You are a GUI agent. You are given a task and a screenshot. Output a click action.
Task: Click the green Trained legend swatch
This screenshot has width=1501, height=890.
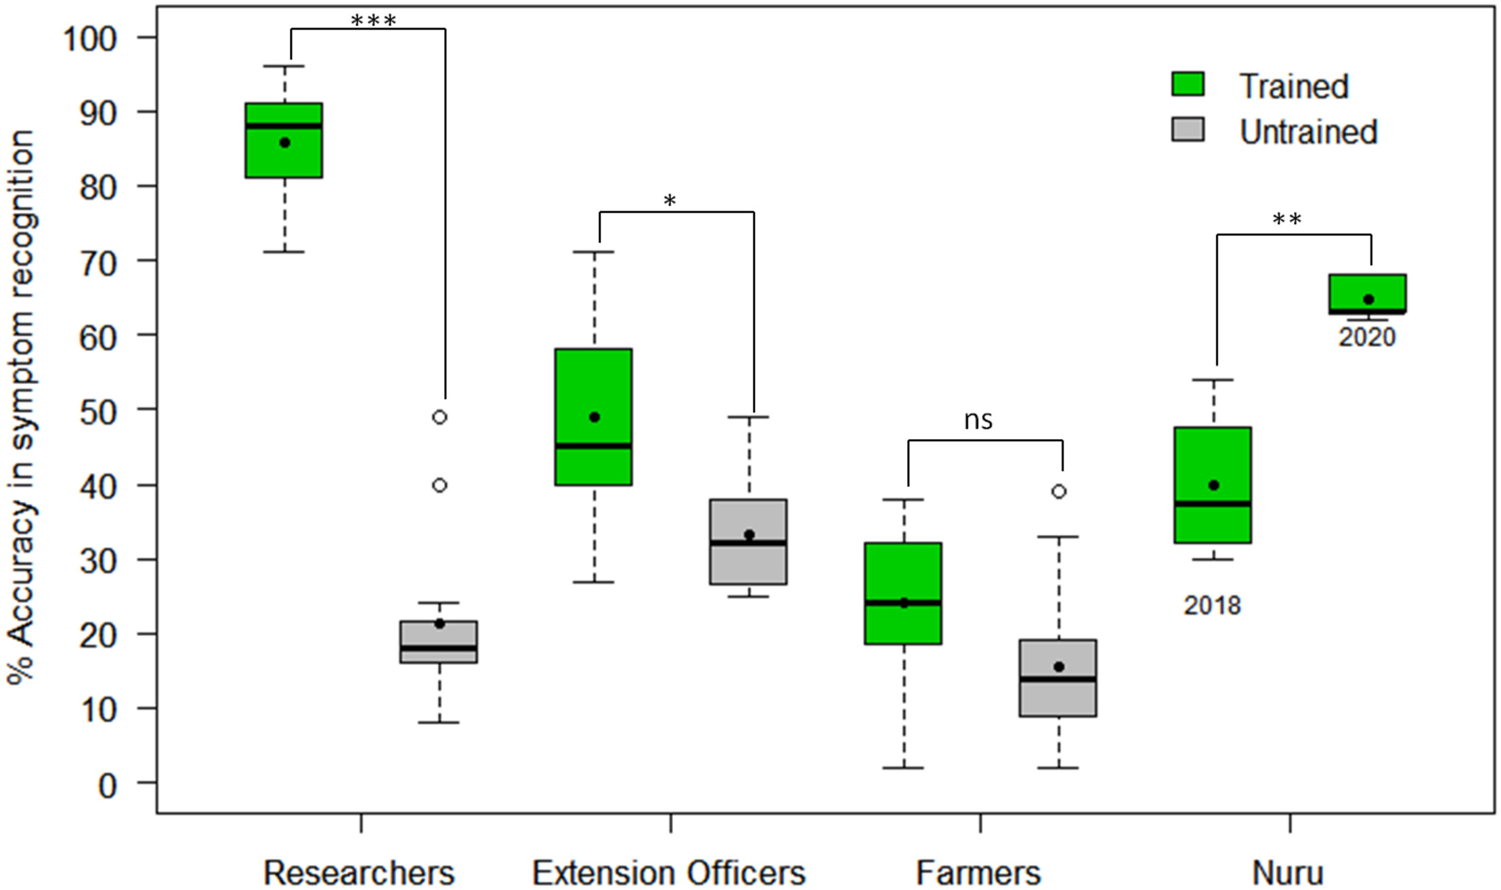pos(1188,84)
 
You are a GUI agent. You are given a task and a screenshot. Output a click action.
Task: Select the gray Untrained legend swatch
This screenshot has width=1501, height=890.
pos(1188,129)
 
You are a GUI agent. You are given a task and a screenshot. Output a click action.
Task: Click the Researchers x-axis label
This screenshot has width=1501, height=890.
pos(359,872)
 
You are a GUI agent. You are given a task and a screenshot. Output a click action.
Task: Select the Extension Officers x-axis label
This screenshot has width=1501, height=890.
pos(669,872)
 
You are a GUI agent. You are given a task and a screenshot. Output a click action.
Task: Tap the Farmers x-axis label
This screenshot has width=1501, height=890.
pos(978,872)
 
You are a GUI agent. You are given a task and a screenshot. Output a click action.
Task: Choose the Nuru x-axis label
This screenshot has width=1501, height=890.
pos(1288,872)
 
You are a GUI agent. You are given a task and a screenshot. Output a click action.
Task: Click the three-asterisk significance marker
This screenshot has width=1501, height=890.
pos(373,21)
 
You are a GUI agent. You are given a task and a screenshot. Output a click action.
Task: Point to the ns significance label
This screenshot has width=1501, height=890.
pos(978,421)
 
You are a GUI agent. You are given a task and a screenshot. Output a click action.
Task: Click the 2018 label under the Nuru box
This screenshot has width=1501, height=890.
pos(1212,606)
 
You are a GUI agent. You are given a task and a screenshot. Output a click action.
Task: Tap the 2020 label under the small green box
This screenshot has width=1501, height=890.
pos(1367,337)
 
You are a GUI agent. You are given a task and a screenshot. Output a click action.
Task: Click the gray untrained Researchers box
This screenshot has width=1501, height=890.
pos(439,641)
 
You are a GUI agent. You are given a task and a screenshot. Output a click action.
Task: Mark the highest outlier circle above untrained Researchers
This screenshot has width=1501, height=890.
pos(439,417)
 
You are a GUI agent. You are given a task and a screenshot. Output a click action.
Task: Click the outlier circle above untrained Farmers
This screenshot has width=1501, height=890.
pos(1059,492)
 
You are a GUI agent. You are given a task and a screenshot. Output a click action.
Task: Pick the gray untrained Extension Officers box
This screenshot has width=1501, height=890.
pos(748,542)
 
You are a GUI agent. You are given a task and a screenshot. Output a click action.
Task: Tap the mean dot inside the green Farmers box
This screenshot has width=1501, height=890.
pos(904,603)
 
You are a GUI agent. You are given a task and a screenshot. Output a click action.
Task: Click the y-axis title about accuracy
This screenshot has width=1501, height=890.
pos(22,406)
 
